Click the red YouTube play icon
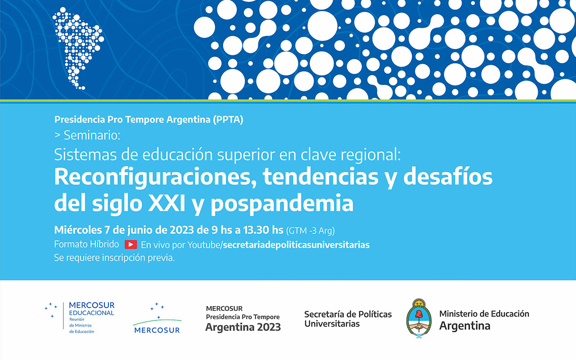click(130, 244)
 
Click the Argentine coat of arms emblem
click(419, 318)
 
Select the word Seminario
click(92, 135)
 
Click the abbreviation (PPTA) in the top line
click(228, 120)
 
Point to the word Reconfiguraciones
click(156, 177)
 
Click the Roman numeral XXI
click(166, 203)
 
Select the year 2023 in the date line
click(181, 230)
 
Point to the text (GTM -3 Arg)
click(310, 231)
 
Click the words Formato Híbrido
click(86, 244)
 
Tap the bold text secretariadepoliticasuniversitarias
click(296, 245)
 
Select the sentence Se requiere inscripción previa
click(114, 258)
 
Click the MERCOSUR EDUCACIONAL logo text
click(91, 309)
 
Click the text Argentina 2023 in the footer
click(243, 327)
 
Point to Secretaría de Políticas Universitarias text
click(348, 319)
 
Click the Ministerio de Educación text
click(484, 314)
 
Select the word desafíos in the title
click(448, 177)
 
